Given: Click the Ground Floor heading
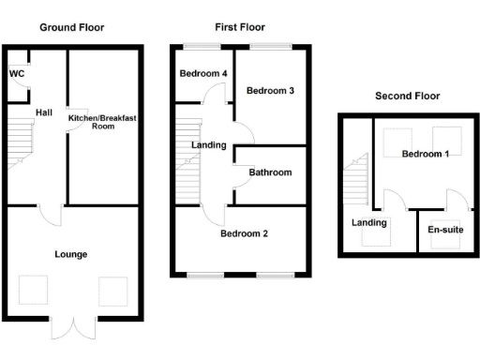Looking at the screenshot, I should coord(71,27).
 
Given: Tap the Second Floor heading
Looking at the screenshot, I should coord(407,96).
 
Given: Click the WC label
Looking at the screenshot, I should coord(17,73).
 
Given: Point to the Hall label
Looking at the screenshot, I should coord(44,112).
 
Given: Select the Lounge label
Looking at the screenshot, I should coord(71,254).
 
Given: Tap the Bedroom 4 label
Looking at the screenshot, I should coord(202,73).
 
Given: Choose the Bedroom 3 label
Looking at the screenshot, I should coord(270,91).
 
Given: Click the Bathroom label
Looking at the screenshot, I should coord(270,172).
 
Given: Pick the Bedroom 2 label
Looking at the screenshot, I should coord(245,234).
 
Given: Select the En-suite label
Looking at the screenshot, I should coord(443,228).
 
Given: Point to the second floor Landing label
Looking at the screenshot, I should coord(369,222).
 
